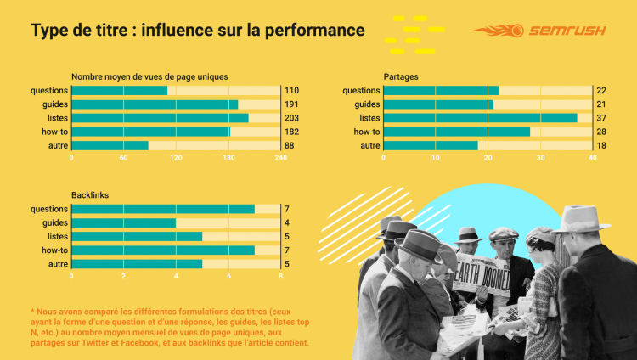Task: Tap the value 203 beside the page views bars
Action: (x=292, y=118)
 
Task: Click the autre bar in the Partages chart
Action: (x=431, y=145)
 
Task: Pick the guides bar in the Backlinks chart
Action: (x=124, y=223)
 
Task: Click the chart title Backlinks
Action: (x=90, y=195)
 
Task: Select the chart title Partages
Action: (x=401, y=76)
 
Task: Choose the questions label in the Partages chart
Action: (x=361, y=90)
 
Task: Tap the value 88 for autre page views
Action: (x=290, y=145)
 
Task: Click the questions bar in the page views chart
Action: (x=119, y=90)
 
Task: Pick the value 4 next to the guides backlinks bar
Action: (x=287, y=223)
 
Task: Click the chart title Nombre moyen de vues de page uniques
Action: (x=149, y=76)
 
